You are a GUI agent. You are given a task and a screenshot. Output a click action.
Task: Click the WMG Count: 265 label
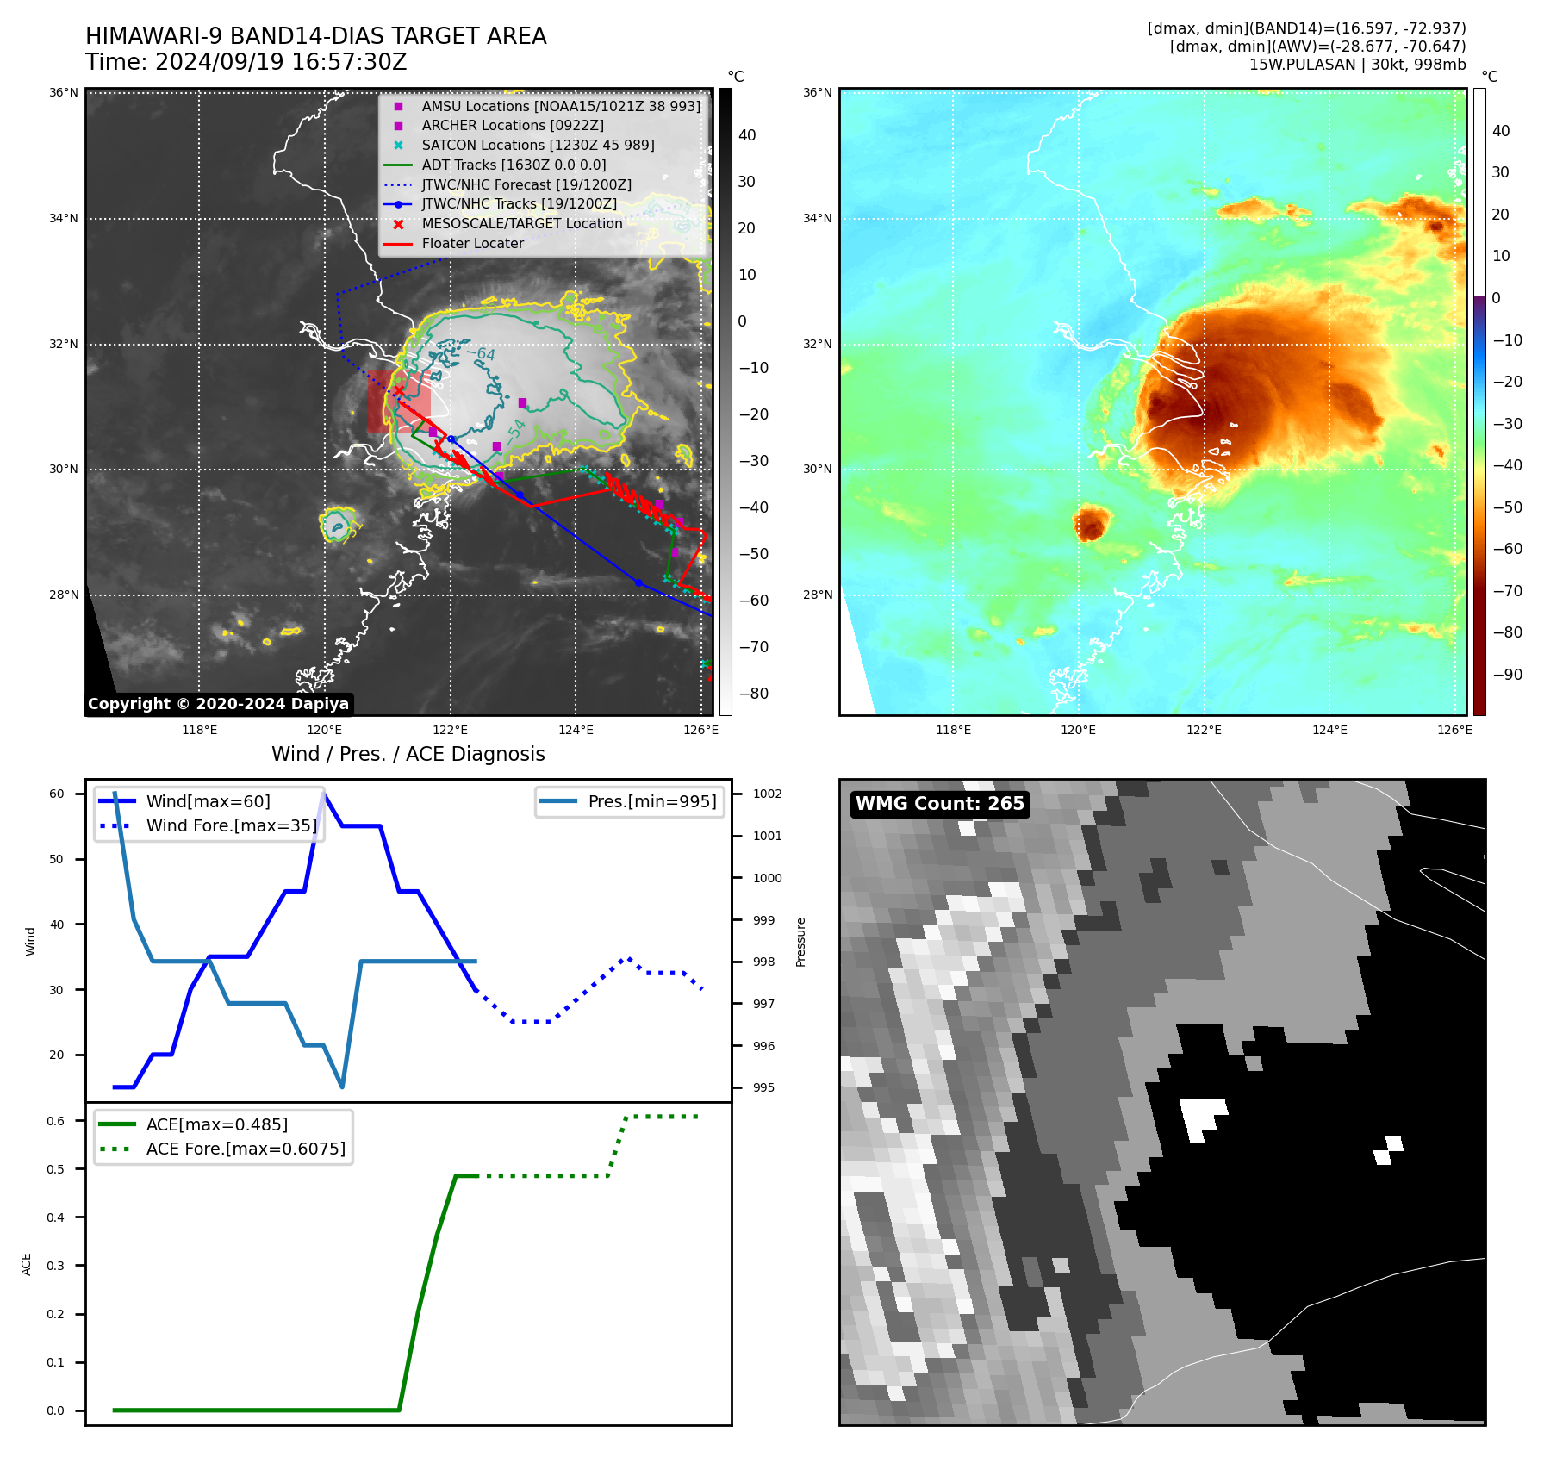939,804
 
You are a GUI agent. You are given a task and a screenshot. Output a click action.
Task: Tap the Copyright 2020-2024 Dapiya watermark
218,704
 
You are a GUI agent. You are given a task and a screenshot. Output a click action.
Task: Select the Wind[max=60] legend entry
208,801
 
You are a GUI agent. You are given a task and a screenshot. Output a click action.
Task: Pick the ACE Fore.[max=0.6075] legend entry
246,1149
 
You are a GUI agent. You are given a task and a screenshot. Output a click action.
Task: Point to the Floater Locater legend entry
472,244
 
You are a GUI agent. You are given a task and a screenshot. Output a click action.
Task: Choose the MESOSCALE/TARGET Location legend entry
521,224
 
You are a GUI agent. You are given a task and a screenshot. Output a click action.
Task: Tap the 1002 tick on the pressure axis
767,794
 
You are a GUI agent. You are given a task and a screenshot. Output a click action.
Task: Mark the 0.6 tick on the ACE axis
56,1121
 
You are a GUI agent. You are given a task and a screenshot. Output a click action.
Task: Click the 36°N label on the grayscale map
64,93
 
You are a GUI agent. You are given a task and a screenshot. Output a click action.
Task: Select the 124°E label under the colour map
1329,730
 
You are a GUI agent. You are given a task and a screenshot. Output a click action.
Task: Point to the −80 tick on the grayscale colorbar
754,694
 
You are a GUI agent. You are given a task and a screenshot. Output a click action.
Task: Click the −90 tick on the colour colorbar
1507,675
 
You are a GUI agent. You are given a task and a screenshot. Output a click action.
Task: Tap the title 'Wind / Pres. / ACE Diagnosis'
408,754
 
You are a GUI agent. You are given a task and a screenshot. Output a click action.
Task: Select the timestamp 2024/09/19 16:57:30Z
281,63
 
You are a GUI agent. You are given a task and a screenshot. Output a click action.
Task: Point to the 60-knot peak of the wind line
323,793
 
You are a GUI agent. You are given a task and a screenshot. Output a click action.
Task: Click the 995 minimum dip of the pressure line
342,1087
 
